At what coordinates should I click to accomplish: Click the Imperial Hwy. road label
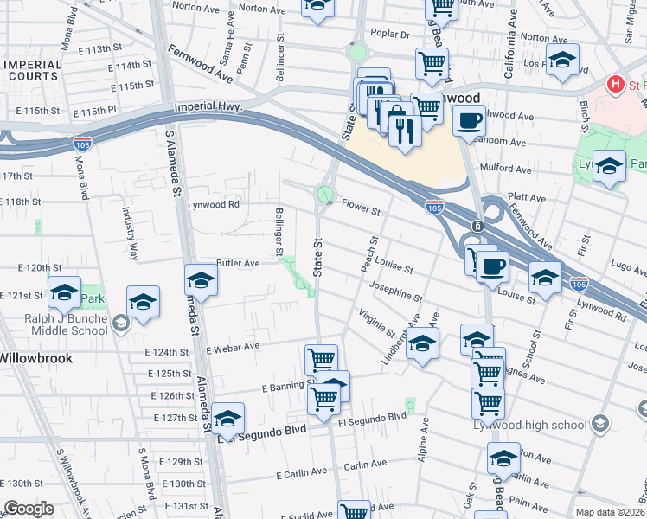(208, 107)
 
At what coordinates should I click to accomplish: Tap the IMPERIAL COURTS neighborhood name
(32, 71)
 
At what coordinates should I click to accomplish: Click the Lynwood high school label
(528, 423)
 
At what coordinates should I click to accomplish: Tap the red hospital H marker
(616, 85)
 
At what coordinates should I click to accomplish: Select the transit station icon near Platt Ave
(477, 227)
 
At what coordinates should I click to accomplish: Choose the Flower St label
(361, 209)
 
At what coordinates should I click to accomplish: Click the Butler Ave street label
(238, 263)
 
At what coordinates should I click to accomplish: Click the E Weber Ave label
(233, 347)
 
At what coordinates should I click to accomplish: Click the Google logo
(29, 509)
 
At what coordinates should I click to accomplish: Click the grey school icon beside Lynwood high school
(601, 423)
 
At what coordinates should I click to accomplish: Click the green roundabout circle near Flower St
(325, 194)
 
